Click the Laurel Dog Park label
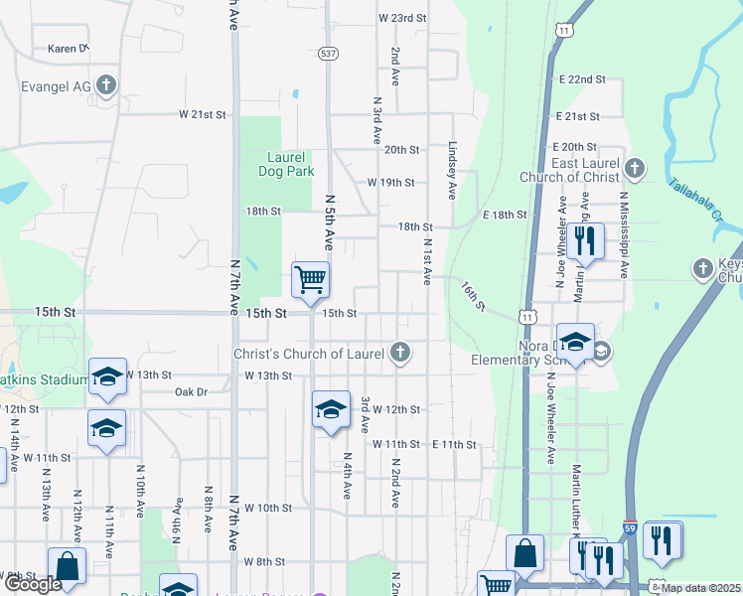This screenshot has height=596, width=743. [291, 164]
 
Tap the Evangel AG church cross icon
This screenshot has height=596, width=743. [106, 86]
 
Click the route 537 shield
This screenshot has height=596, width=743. [328, 54]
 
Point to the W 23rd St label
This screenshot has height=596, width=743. [401, 18]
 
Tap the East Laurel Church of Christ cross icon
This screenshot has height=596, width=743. [635, 167]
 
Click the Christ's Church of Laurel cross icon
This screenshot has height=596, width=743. [399, 352]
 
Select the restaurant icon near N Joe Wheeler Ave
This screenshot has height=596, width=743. [583, 241]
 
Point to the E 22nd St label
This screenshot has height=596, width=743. [582, 78]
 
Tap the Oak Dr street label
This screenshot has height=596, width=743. [190, 392]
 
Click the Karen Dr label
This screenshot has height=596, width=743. [69, 48]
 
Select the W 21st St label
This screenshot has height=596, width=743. [203, 114]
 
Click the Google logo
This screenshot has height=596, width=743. [33, 584]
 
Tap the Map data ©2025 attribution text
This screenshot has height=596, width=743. [700, 588]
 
